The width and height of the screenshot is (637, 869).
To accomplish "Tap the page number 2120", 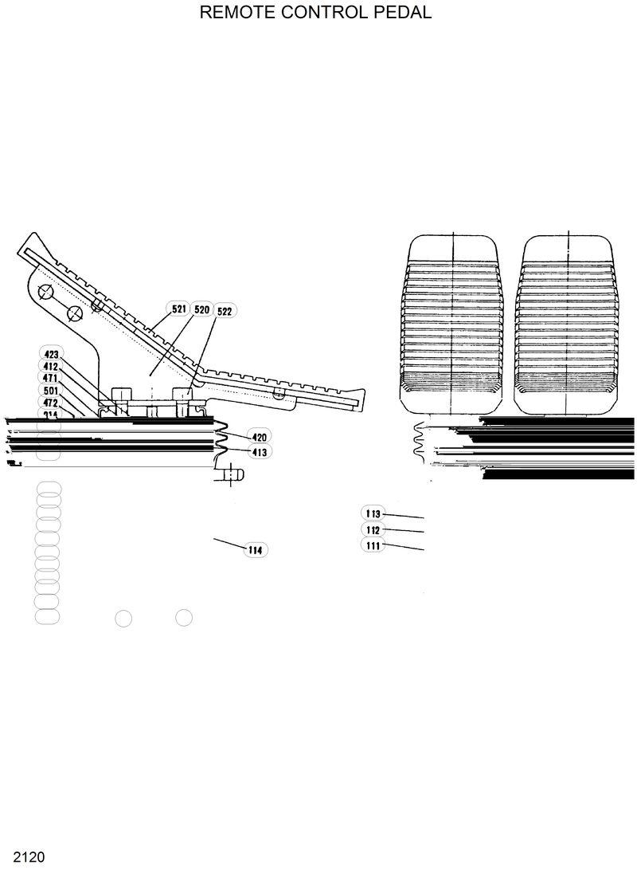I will [22, 858].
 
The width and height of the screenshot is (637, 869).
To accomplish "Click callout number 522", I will [225, 311].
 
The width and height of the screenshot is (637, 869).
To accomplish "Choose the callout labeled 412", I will [50, 367].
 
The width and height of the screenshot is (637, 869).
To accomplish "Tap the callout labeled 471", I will [50, 379].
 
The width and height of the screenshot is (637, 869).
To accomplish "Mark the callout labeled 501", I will [50, 391].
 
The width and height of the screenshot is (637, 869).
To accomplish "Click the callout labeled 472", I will [50, 403].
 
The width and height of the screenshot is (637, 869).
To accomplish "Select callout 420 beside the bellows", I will [260, 437].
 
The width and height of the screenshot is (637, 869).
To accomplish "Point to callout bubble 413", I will [260, 452].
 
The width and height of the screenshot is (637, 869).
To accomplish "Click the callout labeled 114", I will [255, 550].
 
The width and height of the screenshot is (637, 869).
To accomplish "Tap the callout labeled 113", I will [372, 514].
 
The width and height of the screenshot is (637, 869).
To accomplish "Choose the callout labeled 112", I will [372, 530].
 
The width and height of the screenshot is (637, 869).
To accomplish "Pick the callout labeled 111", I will [372, 546].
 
